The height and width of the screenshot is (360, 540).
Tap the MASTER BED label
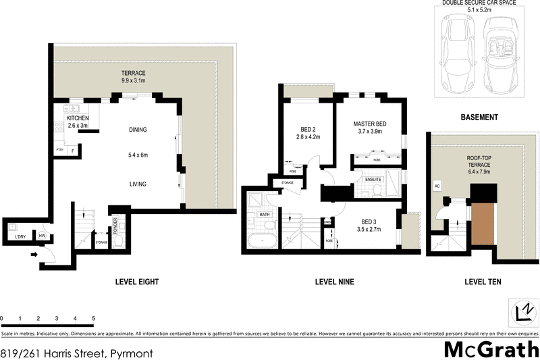[371, 124]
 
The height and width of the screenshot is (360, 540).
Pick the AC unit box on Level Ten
[437, 186]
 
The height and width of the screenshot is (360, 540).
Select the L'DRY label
[15, 236]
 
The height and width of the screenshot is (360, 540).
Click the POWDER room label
[115, 224]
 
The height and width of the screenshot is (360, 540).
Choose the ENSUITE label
[373, 180]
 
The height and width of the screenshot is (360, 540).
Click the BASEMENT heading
[479, 117]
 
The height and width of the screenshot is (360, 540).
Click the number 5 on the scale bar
[93, 317]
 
